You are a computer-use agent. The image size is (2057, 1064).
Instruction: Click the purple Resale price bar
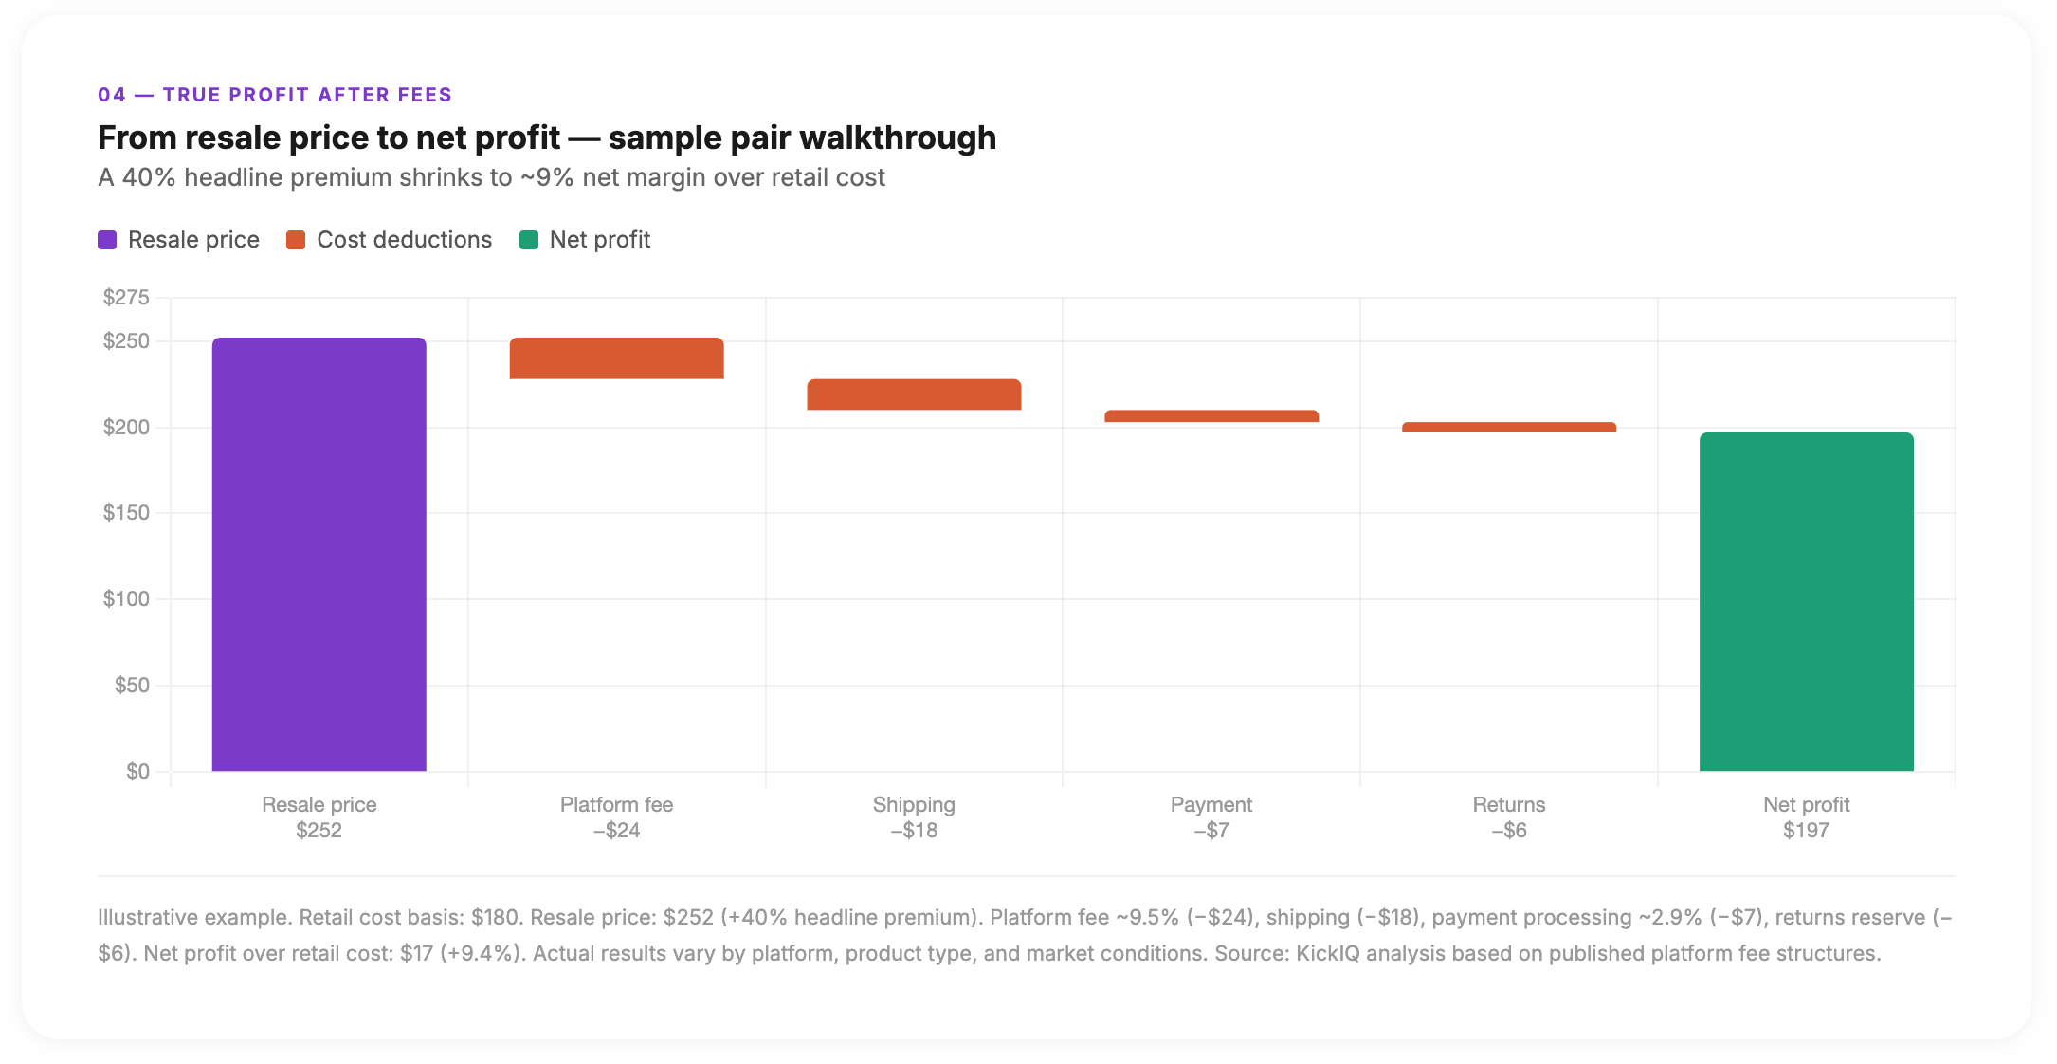pos(319,554)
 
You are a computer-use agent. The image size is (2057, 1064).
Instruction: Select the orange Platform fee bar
pos(616,358)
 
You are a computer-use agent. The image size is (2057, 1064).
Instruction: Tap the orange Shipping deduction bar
pos(914,394)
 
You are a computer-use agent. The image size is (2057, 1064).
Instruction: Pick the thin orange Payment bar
pos(1211,416)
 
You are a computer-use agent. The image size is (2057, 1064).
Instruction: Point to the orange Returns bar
pos(1508,428)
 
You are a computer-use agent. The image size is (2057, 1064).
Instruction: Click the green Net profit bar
pos(1806,601)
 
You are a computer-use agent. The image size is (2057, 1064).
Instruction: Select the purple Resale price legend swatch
pos(107,240)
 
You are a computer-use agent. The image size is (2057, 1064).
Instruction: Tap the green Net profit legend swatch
pos(529,240)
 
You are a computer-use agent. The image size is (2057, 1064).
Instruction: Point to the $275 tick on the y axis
pos(126,298)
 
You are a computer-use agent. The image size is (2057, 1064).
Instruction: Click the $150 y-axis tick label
pos(126,513)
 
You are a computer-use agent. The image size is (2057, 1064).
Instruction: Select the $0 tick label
pos(137,772)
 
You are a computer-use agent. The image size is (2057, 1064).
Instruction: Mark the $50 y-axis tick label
pos(132,686)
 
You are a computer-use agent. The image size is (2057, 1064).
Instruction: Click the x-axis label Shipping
pos(914,805)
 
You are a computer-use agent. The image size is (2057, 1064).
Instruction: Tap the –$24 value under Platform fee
pos(616,831)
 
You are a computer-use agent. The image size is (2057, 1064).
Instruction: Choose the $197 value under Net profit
pos(1806,831)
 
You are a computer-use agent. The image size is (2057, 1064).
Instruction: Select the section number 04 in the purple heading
pos(111,95)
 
